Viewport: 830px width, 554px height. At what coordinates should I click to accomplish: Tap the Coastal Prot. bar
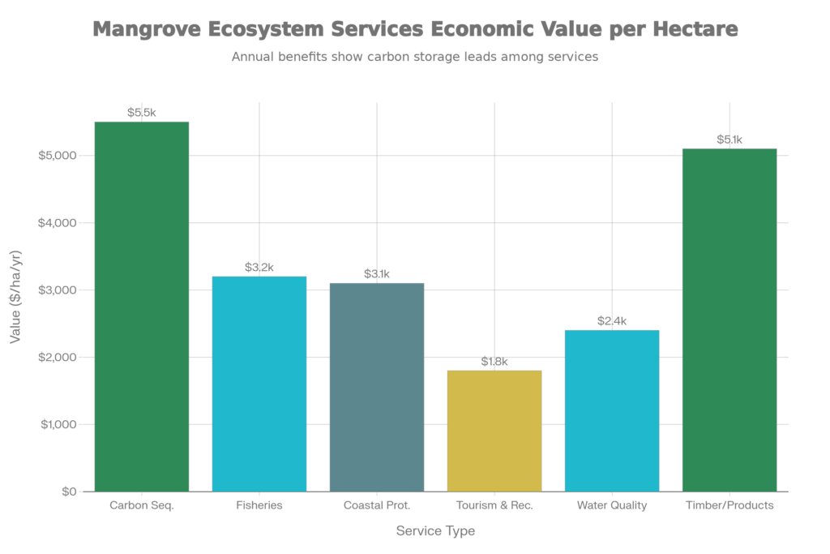[x=377, y=386]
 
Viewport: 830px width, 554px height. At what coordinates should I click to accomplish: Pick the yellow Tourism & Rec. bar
[x=494, y=430]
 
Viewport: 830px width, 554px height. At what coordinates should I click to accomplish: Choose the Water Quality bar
[x=612, y=410]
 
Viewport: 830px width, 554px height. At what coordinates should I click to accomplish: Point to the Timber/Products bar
[x=729, y=320]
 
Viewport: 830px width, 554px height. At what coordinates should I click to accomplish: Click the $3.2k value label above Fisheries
[x=259, y=267]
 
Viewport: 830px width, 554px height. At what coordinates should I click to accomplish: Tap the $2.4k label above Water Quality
[x=612, y=321]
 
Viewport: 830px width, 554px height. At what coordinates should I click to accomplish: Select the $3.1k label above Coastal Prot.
[x=377, y=274]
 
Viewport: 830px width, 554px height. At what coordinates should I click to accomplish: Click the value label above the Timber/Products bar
[x=729, y=140]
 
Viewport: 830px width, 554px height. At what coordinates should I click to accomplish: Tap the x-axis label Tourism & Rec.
[x=494, y=506]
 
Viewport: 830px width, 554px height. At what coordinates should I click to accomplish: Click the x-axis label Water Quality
[x=612, y=506]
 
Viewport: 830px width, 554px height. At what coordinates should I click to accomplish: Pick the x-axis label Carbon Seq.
[x=142, y=506]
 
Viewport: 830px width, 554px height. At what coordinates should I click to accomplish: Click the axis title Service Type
[x=435, y=531]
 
